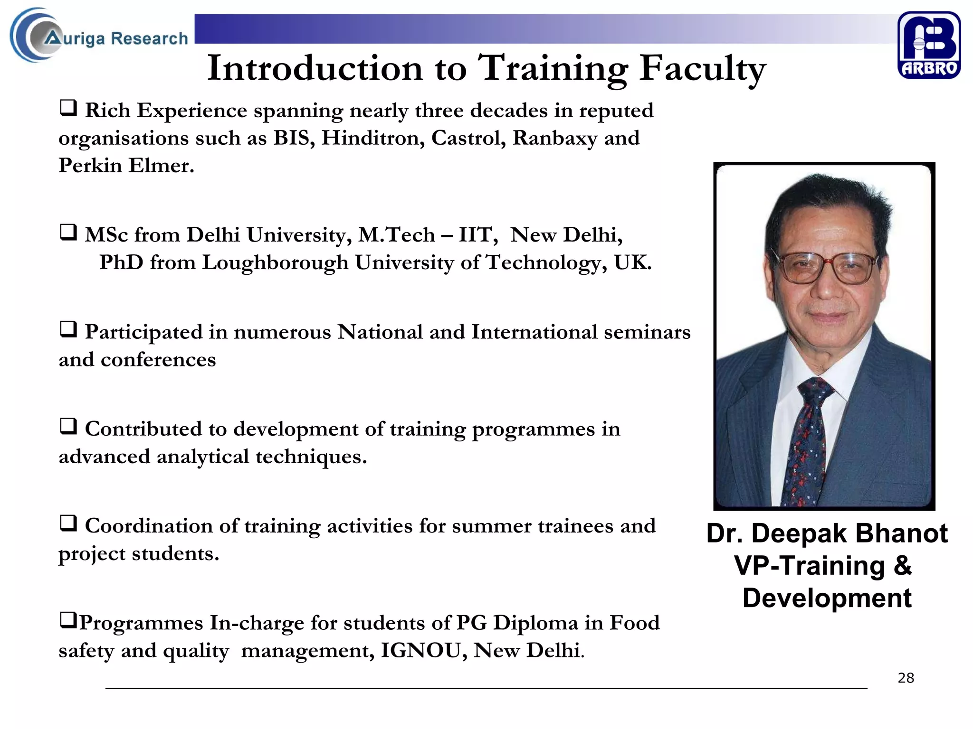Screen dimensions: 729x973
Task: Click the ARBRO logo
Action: coord(929,45)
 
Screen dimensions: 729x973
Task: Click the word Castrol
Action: coord(468,138)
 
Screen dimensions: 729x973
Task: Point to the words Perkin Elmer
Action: coord(126,166)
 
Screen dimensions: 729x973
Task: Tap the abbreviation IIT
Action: coord(477,235)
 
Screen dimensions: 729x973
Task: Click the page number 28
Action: coord(906,678)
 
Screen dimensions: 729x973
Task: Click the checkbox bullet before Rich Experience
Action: coord(68,108)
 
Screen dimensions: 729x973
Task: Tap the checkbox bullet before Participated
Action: coord(68,330)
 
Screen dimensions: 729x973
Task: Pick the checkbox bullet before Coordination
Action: coord(68,524)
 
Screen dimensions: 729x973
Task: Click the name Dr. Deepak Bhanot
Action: coord(827,533)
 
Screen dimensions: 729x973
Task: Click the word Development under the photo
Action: coord(827,598)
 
